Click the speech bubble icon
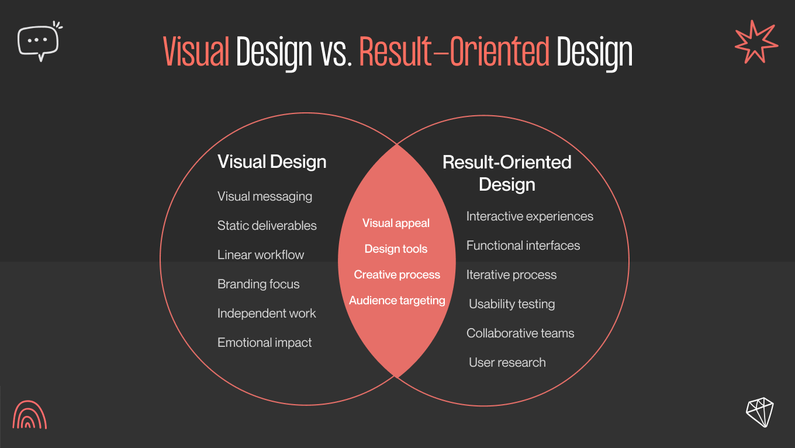[39, 41]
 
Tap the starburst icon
[756, 42]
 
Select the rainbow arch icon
[29, 415]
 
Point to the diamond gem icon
[759, 412]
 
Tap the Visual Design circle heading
[272, 162]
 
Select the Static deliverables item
[267, 226]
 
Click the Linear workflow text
[261, 255]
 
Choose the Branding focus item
[258, 284]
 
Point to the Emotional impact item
[264, 343]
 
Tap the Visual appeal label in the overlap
[396, 223]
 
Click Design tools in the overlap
[396, 249]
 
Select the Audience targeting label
[397, 301]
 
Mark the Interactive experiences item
[530, 216]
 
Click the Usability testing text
[511, 304]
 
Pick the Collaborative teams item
[520, 333]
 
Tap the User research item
[507, 363]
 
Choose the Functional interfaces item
[523, 246]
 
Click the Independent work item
[267, 313]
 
